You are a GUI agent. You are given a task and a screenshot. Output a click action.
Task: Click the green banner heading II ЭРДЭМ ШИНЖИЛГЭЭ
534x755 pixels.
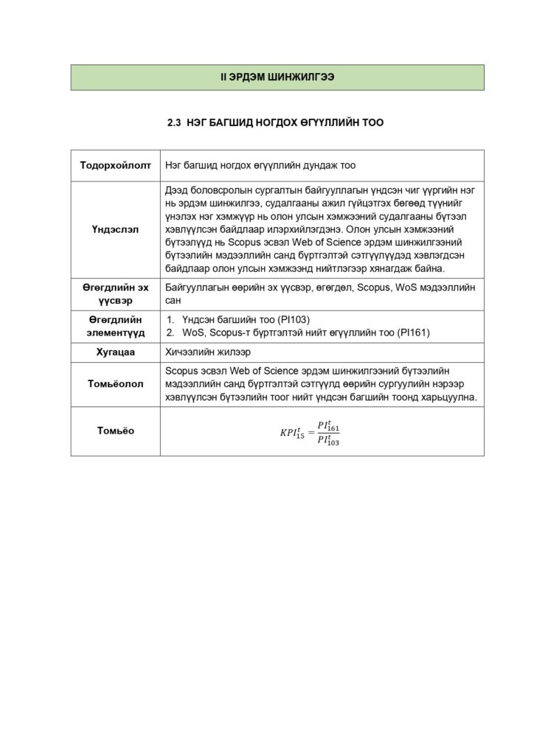pyautogui.click(x=277, y=77)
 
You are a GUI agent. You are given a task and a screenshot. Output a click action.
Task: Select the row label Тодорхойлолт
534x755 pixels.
pyautogui.click(x=115, y=165)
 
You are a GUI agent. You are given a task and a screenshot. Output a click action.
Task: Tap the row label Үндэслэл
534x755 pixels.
pyautogui.click(x=115, y=229)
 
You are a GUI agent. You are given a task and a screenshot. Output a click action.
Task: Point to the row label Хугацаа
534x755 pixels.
pyautogui.click(x=115, y=352)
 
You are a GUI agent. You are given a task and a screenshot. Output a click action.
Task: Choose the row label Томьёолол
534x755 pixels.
pyautogui.click(x=115, y=384)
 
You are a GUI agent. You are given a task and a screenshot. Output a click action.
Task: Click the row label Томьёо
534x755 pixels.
pyautogui.click(x=115, y=431)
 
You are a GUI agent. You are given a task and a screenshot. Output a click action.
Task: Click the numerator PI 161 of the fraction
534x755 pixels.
pyautogui.click(x=328, y=426)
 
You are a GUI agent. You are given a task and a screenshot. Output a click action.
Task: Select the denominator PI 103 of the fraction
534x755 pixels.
pyautogui.click(x=328, y=440)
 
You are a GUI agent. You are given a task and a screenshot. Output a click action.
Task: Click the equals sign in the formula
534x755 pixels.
pyautogui.click(x=311, y=433)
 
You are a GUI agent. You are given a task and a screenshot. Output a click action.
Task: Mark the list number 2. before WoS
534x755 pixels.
pyautogui.click(x=170, y=333)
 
